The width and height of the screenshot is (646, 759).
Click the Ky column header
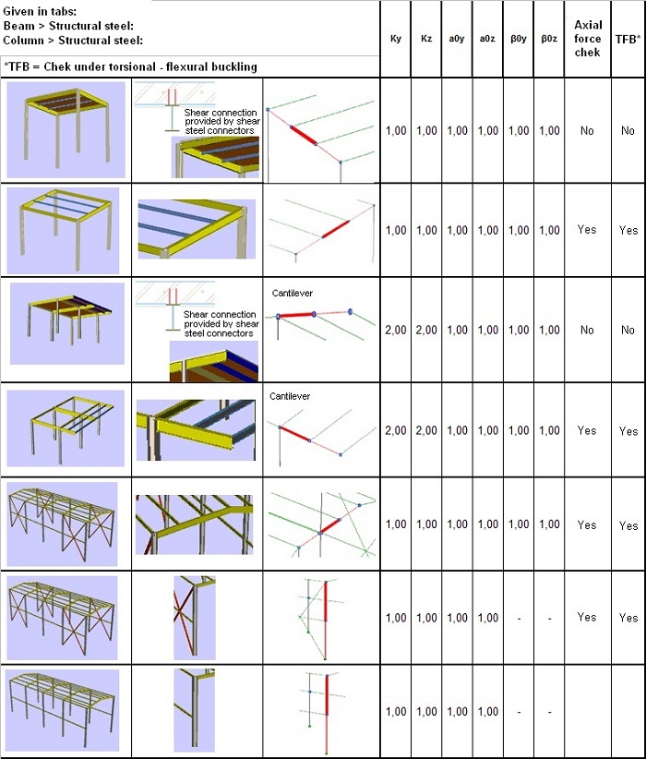tap(396, 40)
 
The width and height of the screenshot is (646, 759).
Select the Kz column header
tap(426, 40)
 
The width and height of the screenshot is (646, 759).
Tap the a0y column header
tap(457, 40)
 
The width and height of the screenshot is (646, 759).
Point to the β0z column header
tap(549, 40)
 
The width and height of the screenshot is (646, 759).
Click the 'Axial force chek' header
tap(587, 39)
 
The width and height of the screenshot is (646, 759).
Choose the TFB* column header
tap(628, 40)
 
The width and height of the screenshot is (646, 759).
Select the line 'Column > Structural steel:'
tap(74, 40)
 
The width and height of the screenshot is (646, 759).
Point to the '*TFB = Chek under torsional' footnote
tap(130, 66)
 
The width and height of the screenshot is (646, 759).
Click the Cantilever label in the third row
tap(293, 293)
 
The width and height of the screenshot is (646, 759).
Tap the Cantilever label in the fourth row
tap(290, 396)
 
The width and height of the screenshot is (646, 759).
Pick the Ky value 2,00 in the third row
tap(396, 330)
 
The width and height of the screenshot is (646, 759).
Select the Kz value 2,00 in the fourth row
tap(426, 430)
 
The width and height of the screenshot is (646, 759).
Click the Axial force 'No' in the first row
tap(587, 131)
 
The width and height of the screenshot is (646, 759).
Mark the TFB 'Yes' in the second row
tap(628, 231)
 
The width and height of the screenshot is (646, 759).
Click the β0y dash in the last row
tap(519, 712)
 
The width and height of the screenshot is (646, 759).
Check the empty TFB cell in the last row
tap(628, 712)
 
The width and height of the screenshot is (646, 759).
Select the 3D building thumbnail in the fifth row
tap(64, 523)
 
